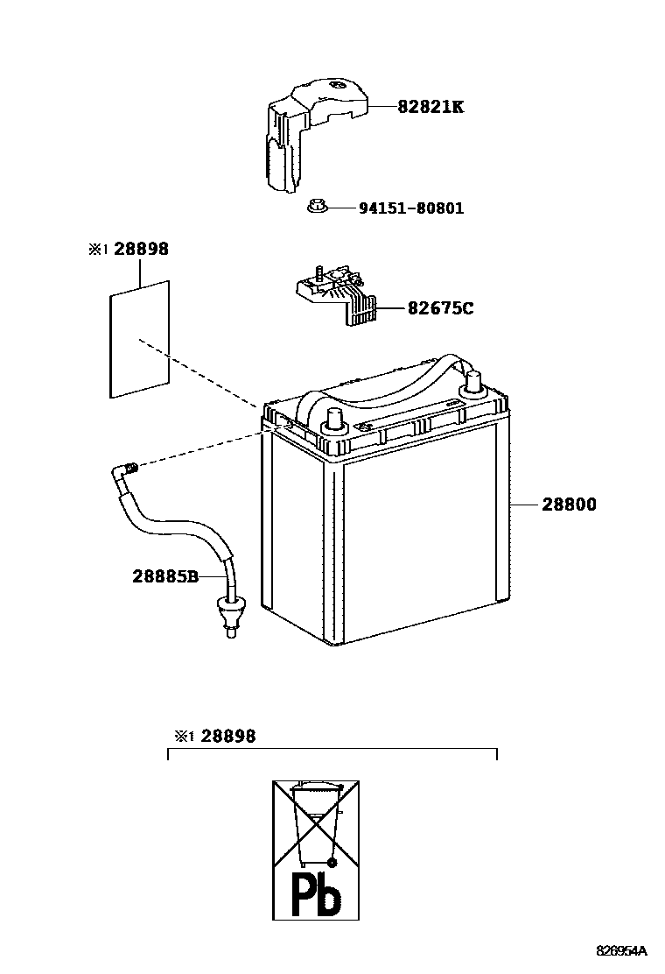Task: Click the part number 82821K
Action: [430, 107]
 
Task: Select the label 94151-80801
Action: [411, 208]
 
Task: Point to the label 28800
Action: [568, 505]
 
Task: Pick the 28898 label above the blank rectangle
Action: [140, 250]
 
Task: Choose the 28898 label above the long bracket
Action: [227, 737]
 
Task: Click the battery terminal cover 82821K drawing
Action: [306, 131]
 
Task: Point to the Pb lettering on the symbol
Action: [315, 892]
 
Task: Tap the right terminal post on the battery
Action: [472, 383]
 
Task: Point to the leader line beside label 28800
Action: [525, 505]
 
